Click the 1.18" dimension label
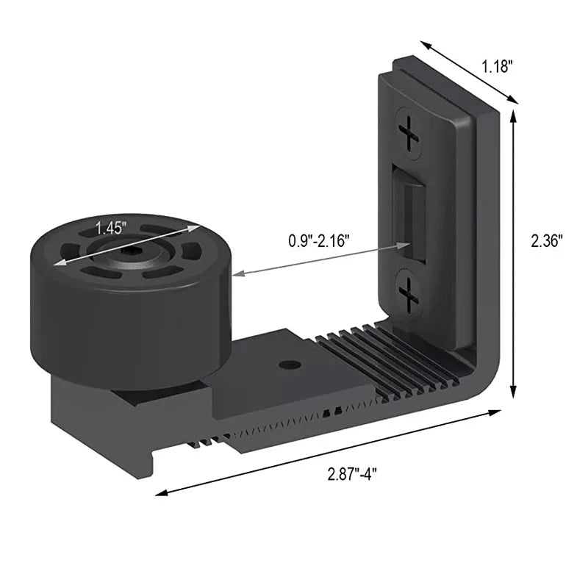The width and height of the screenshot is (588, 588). [497, 67]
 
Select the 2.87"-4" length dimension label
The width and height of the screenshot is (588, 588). [353, 474]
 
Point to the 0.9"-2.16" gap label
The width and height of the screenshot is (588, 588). [318, 240]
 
